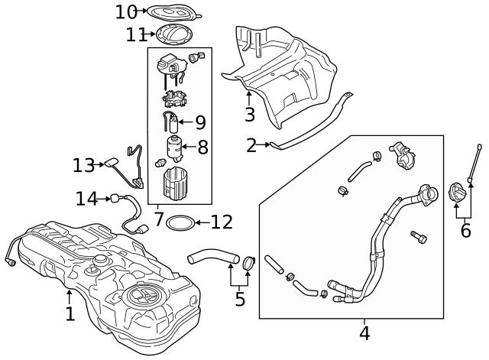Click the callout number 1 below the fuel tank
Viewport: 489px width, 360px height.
(70, 313)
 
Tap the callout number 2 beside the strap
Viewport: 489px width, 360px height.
(252, 145)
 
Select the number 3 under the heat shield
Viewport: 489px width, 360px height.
(250, 115)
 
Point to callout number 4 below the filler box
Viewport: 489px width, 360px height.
(364, 333)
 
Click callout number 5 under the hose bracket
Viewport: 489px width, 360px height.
(240, 299)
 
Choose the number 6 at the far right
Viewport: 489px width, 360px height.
(465, 229)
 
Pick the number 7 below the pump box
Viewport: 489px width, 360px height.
(159, 219)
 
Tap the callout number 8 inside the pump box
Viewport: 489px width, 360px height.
(202, 147)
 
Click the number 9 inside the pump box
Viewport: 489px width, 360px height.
(200, 122)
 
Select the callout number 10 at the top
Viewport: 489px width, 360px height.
(126, 11)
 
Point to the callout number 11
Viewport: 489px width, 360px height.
(136, 34)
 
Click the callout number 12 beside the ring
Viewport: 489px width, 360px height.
(221, 222)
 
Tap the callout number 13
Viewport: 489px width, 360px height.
(83, 165)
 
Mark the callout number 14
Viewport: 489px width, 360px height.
(86, 199)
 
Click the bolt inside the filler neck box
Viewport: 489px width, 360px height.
(419, 238)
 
